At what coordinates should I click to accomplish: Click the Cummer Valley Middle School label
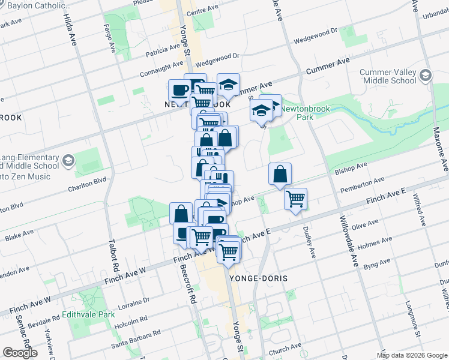click(x=388, y=77)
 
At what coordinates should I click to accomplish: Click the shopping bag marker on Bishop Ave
click(x=280, y=175)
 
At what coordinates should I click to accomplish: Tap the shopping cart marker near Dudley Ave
click(x=296, y=198)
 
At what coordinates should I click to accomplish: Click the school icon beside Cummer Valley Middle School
click(x=426, y=75)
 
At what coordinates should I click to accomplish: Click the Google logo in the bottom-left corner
click(x=20, y=353)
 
